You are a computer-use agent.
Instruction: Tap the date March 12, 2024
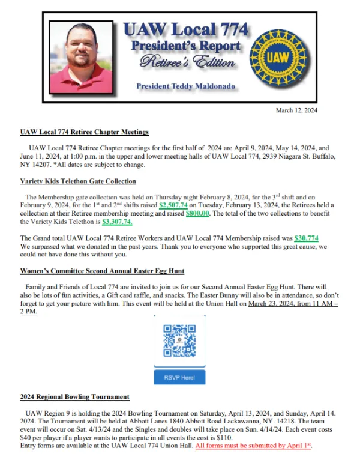pyautogui.click(x=296, y=110)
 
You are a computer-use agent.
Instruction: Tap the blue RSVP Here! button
pyautogui.click(x=180, y=378)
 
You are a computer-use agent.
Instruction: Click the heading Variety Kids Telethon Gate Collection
pyautogui.click(x=78, y=181)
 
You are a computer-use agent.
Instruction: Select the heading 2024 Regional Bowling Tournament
pyautogui.click(x=74, y=397)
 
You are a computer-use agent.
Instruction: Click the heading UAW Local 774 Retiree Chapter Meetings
pyautogui.click(x=84, y=132)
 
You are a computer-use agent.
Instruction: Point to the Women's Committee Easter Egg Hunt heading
pyautogui.click(x=102, y=271)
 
